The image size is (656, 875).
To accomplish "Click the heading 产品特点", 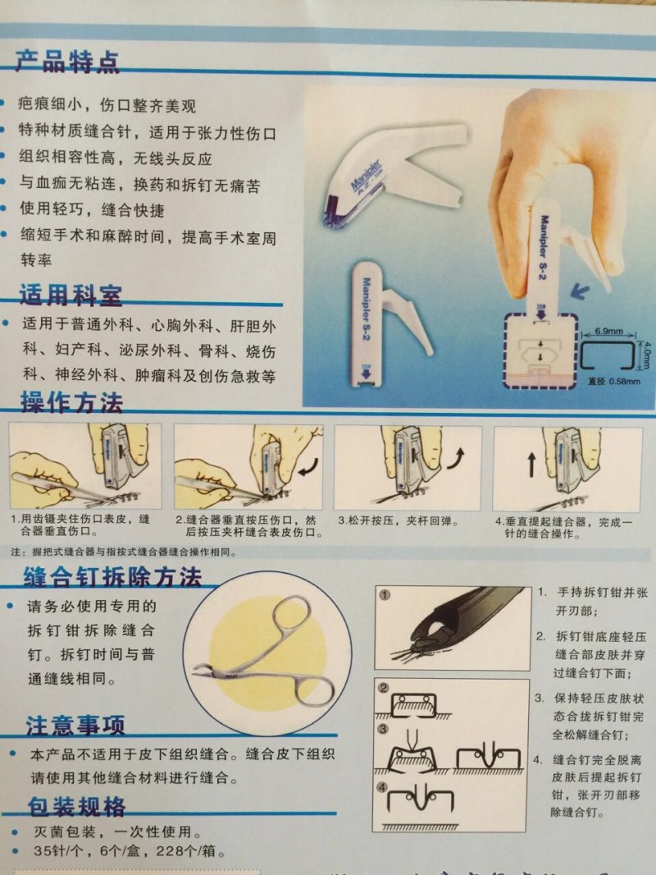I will [68, 62].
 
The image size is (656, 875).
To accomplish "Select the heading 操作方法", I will [71, 403].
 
